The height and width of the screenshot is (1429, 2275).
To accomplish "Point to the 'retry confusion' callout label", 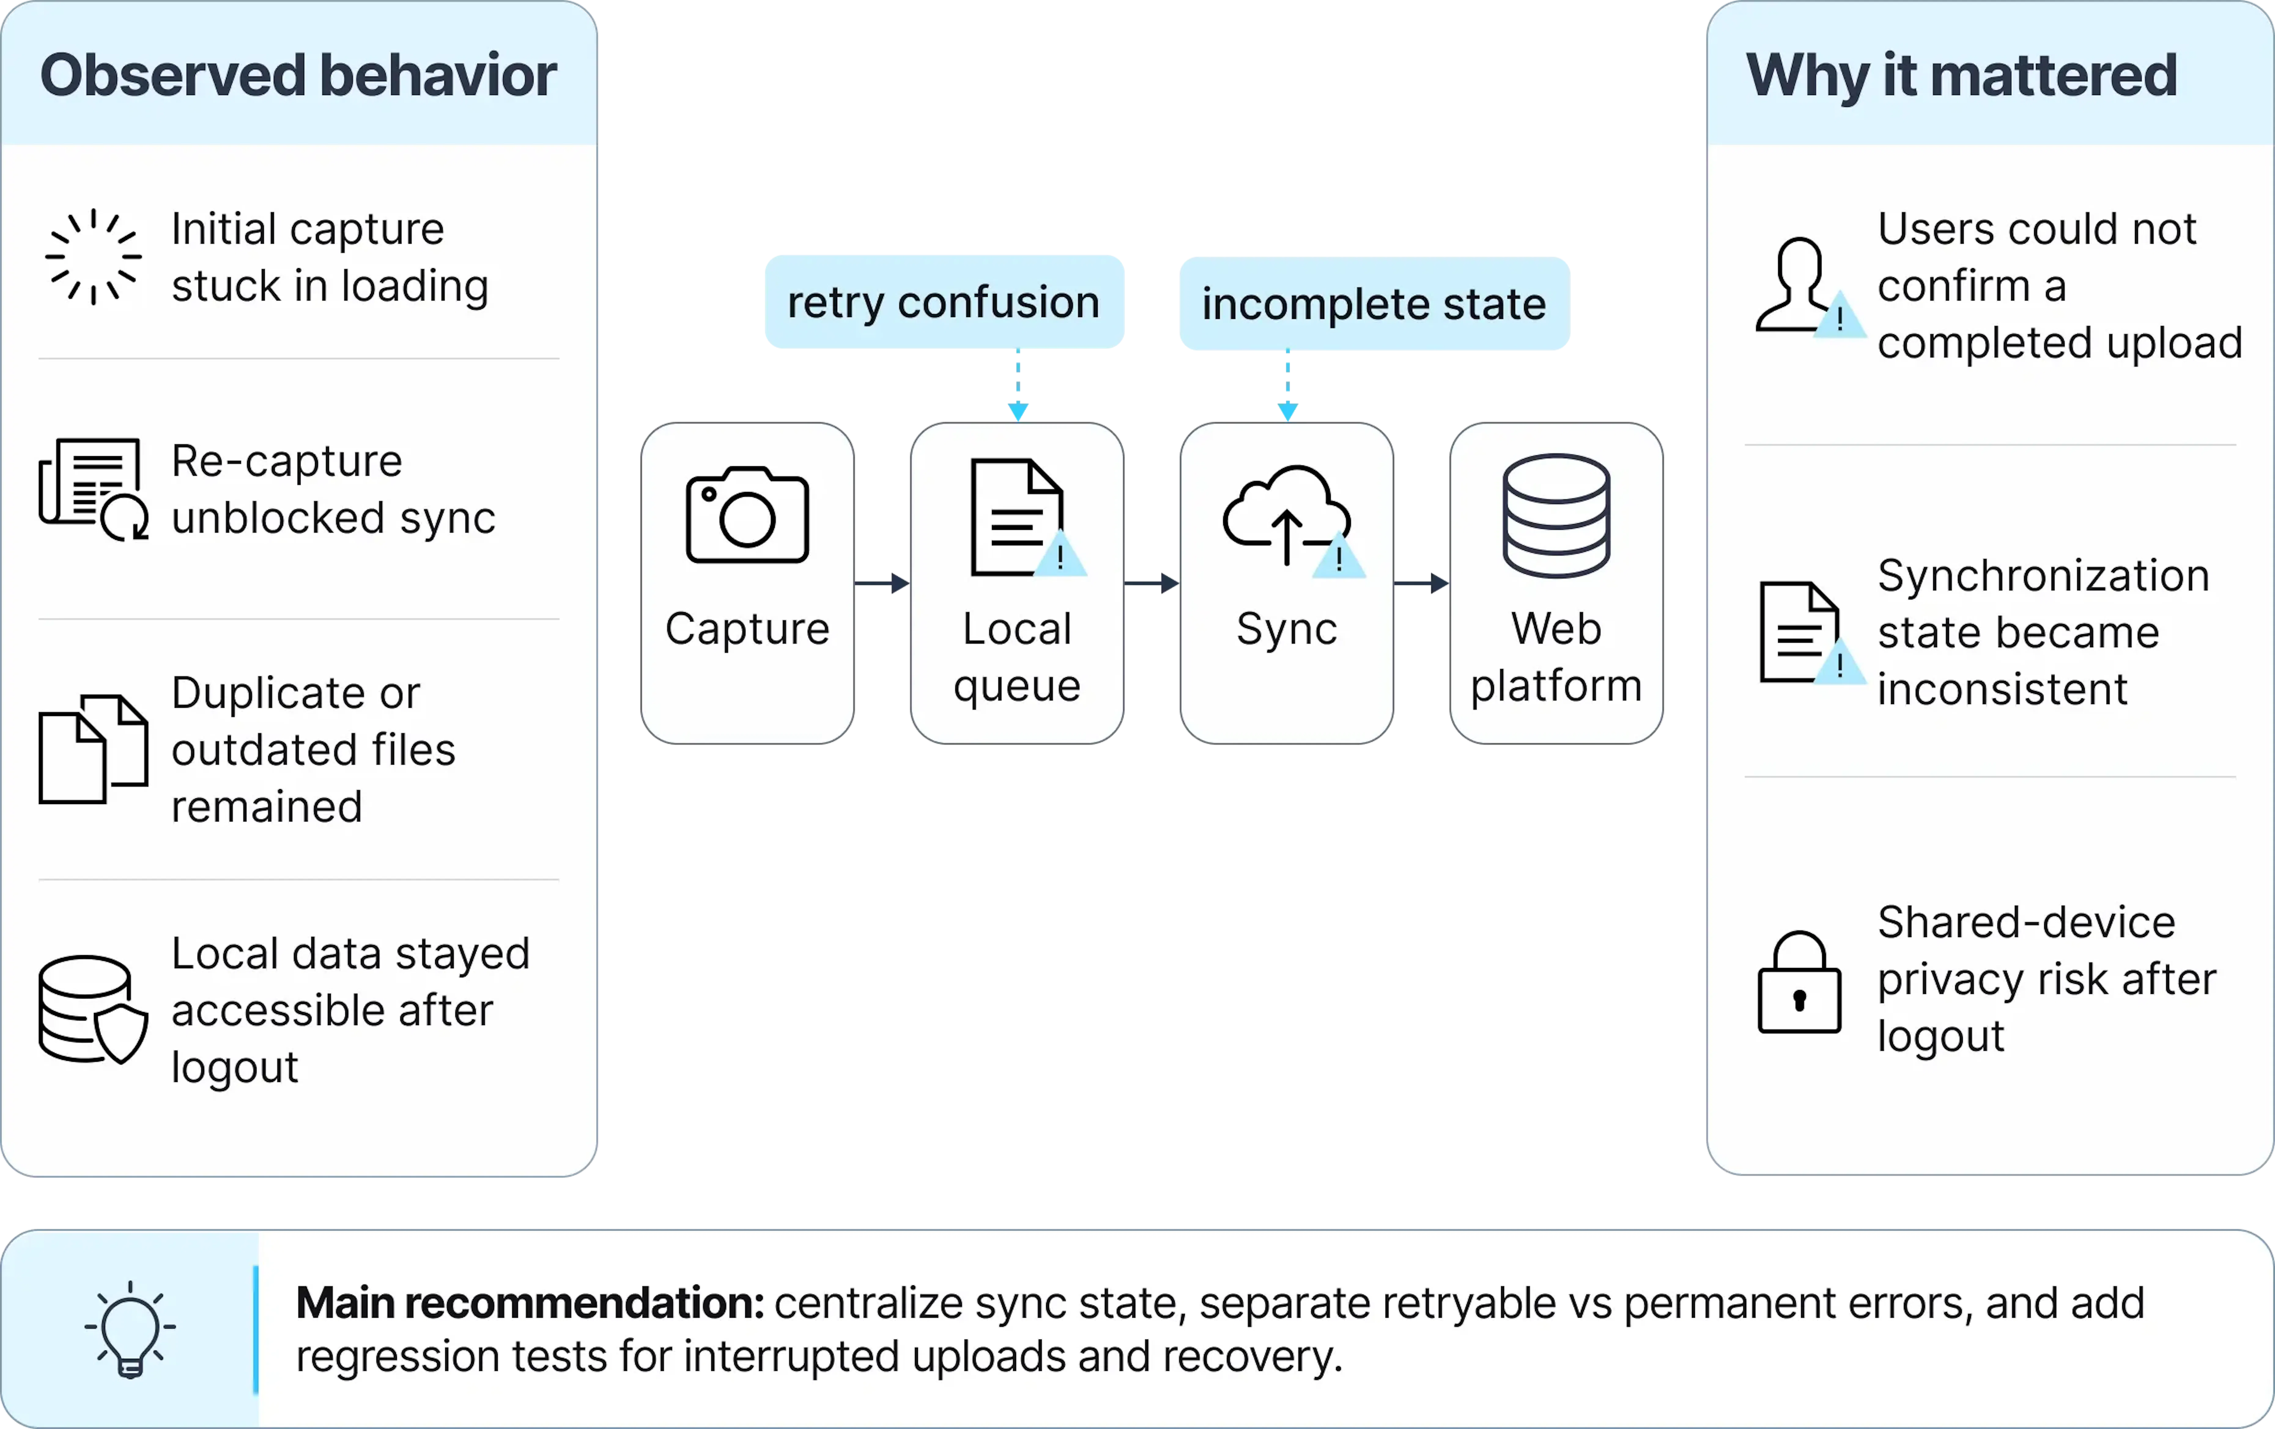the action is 944,302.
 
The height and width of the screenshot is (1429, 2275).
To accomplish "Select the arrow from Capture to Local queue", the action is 882,584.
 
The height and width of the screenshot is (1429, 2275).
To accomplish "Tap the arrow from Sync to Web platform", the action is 1421,584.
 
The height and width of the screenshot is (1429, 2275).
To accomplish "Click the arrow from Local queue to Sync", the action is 1152,584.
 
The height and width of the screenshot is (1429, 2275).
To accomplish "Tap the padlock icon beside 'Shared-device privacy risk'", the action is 1799,982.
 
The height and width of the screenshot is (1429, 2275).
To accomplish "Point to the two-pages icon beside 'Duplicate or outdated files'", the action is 93,749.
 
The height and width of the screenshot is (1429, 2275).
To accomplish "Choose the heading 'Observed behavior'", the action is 298,76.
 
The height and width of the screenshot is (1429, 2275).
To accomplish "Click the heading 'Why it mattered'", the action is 1961,76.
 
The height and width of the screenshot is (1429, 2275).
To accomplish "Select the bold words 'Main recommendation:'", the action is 530,1303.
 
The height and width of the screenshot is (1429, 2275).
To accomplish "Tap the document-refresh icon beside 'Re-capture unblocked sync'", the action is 93,489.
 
